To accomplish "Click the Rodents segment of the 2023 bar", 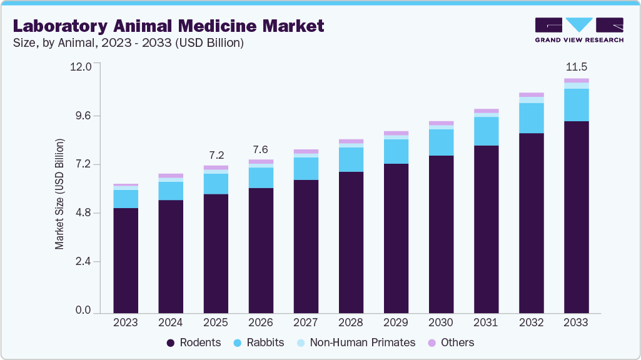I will click(126, 260).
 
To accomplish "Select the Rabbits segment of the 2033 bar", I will click(576, 105).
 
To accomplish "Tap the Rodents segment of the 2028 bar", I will click(351, 242).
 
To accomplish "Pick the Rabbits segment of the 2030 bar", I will click(441, 142).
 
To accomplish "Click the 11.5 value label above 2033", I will click(576, 67).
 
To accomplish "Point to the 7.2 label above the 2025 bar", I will click(216, 154).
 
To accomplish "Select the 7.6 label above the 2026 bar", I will click(261, 149).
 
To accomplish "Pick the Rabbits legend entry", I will click(259, 342).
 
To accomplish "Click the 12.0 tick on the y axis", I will click(83, 66).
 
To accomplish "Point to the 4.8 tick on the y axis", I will click(83, 213).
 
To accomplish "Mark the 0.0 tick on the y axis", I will click(83, 311).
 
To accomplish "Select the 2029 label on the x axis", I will click(396, 322).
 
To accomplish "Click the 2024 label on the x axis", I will click(171, 322).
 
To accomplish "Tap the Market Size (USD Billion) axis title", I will click(60, 194).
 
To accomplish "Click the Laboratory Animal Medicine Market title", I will click(169, 26).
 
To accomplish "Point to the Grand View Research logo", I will click(579, 29).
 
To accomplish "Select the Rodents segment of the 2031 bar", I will click(486, 229).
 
